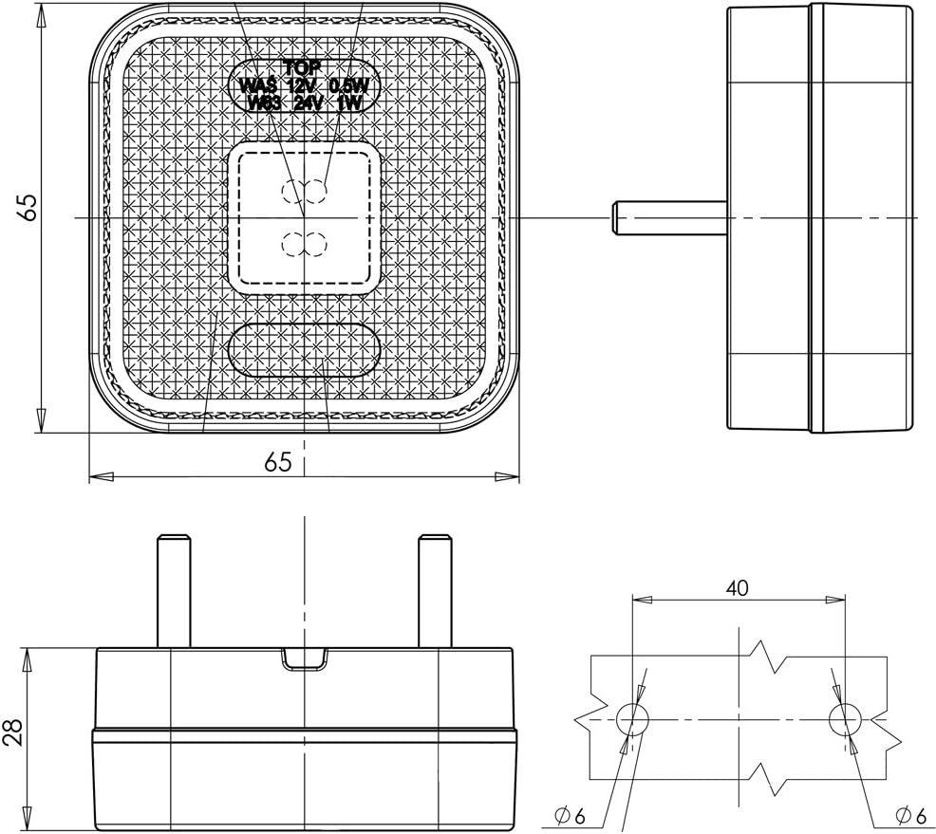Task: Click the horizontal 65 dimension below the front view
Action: [277, 462]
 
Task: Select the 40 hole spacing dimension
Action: [738, 588]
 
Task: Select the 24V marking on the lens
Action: [308, 103]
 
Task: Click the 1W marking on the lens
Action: [350, 103]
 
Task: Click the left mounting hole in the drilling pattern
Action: [631, 719]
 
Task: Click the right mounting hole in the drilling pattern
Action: [844, 719]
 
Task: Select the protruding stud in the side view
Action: [669, 217]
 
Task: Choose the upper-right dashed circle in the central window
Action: [316, 193]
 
